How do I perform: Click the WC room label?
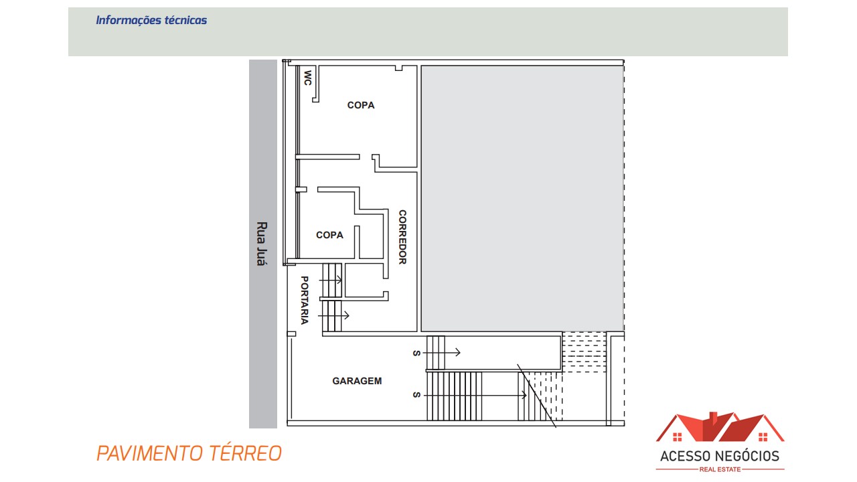(308, 78)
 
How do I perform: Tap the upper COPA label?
(361, 105)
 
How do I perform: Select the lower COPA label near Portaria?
(329, 235)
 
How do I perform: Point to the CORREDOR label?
(402, 237)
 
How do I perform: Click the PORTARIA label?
(304, 300)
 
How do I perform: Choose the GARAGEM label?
(357, 381)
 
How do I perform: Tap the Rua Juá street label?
(262, 244)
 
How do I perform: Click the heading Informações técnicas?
(151, 20)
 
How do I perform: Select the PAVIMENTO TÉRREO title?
(189, 453)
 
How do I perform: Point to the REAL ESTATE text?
(720, 469)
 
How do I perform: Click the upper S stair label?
(416, 353)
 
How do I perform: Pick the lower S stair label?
(416, 396)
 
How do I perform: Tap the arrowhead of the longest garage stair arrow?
(524, 396)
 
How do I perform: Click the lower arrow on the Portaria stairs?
(345, 315)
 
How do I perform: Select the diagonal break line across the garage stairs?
(536, 396)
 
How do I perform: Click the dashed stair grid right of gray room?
(584, 352)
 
